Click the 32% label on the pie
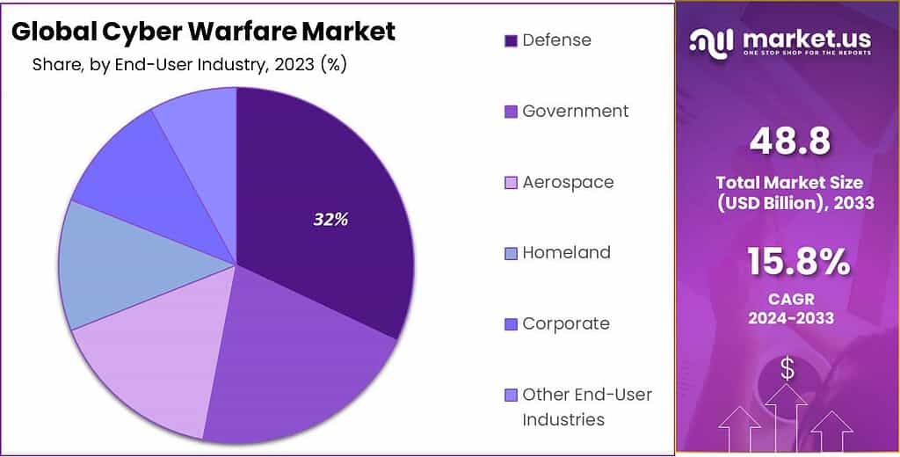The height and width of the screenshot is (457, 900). (x=330, y=220)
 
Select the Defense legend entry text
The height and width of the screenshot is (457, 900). (x=556, y=40)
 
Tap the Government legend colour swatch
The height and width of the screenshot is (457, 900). (x=511, y=112)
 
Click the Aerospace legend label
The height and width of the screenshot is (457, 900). (x=568, y=182)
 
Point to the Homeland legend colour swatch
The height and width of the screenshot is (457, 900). (x=511, y=253)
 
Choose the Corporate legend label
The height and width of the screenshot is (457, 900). (x=565, y=323)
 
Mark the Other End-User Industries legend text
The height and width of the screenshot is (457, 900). (x=587, y=406)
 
